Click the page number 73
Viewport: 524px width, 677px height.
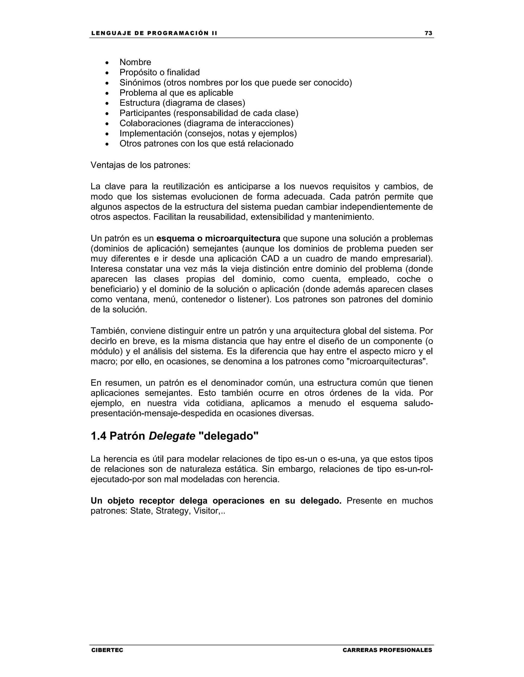coord(428,33)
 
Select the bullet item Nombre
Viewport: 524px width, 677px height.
coord(135,62)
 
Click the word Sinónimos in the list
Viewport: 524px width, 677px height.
coord(140,83)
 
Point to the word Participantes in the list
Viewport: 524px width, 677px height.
coord(145,113)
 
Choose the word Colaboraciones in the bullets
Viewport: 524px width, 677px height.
coord(150,123)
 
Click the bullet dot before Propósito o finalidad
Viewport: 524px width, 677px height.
coord(107,73)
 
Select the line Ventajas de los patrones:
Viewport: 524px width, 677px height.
coord(140,165)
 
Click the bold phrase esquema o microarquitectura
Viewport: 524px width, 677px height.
coord(218,238)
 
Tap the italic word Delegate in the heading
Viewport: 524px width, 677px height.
coord(172,436)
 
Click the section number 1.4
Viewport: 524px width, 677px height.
coord(99,436)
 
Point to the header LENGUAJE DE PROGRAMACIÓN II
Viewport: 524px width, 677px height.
coord(154,33)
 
